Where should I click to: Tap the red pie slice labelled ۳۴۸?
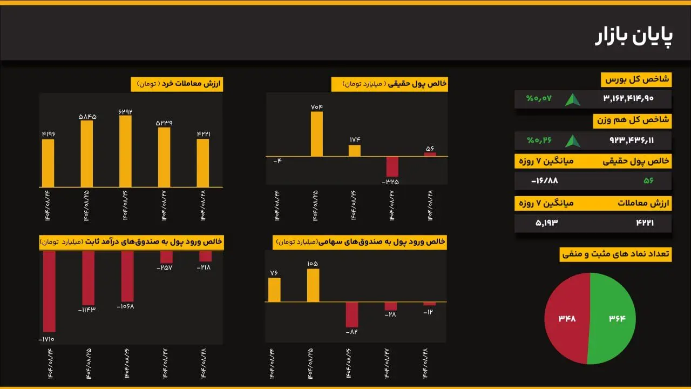pos(567,318)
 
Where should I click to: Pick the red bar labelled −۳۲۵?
pos(392,166)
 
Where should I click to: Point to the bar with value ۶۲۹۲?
pos(125,151)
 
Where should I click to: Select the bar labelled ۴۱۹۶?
pos(48,163)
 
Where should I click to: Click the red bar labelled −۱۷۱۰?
pos(49,291)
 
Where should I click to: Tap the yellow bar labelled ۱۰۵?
pos(313,285)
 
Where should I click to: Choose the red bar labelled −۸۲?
pos(352,314)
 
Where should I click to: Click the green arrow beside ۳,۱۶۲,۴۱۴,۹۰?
pos(573,99)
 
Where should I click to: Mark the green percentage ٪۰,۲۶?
pos(539,140)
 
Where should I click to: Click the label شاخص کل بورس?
pos(636,79)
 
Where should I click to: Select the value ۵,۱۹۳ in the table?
pos(546,223)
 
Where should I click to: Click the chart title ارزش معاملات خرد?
pos(177,84)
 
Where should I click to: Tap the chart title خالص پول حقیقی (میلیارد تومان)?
pos(389,84)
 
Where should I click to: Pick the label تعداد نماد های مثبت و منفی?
pos(615,253)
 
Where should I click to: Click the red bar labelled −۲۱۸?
pos(205,256)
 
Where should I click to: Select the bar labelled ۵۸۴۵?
pos(86,153)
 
